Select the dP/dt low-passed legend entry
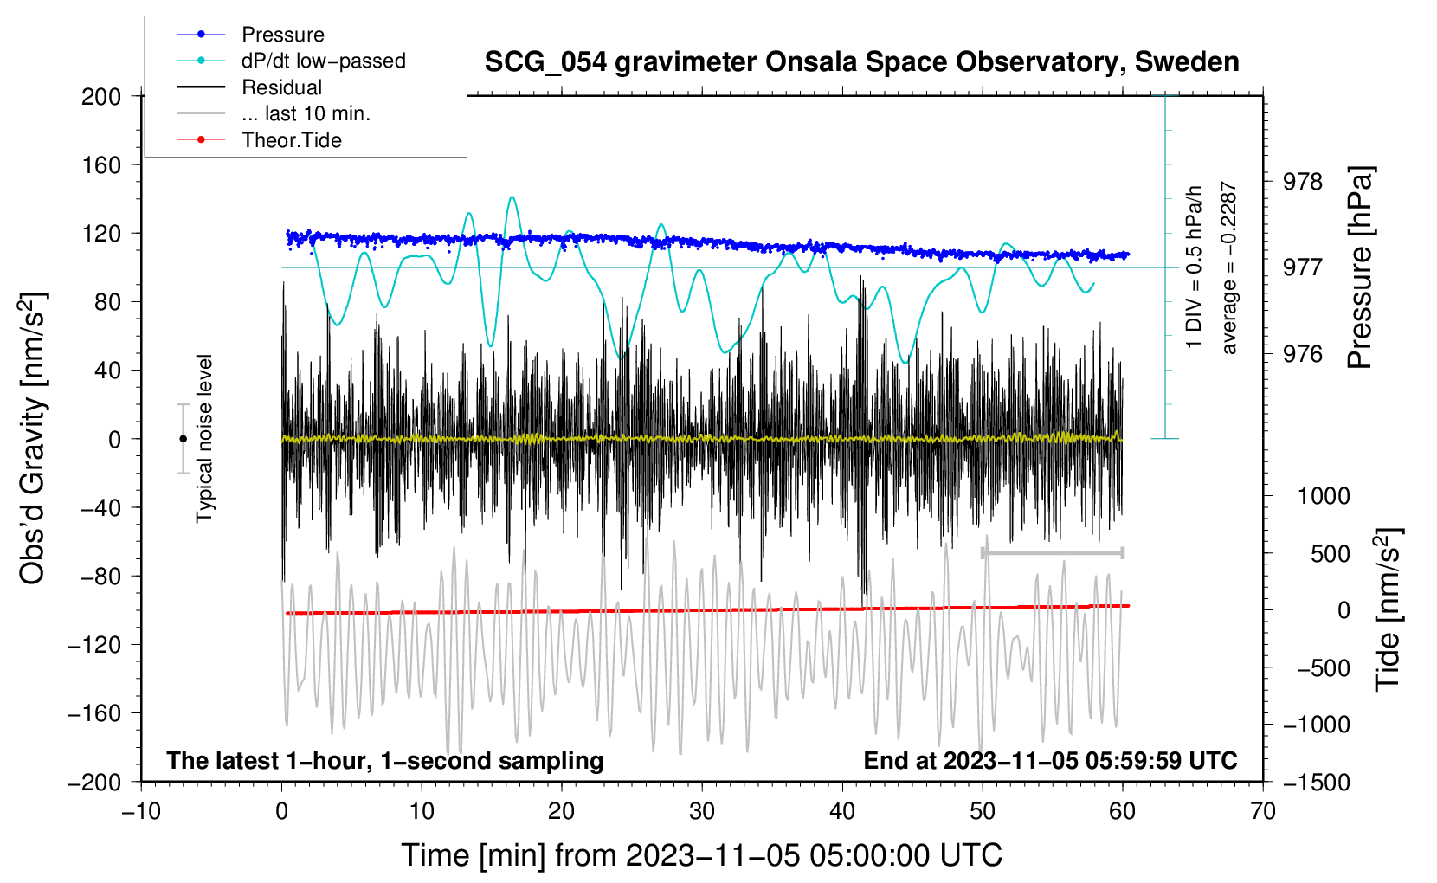click(323, 61)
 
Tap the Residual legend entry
click(281, 87)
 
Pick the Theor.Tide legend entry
click(292, 140)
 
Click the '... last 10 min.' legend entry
click(306, 114)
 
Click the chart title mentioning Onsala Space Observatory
click(861, 62)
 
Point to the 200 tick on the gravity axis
click(101, 97)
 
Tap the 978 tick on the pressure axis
click(1303, 182)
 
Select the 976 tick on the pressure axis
click(1303, 354)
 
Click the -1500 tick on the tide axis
click(1317, 782)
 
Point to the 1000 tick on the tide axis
click(1324, 496)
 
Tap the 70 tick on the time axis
click(1263, 811)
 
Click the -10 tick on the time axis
click(141, 811)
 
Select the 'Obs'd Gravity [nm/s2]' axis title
click(32, 438)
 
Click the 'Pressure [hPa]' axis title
click(1360, 268)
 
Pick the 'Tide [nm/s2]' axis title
click(1388, 609)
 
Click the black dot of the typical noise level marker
click(183, 439)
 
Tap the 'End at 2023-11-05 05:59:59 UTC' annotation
click(1050, 761)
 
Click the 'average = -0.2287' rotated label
click(1229, 268)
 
